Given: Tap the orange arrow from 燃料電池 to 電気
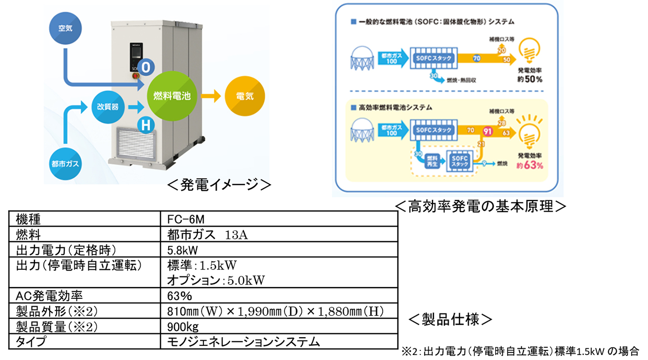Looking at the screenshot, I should [x=209, y=95].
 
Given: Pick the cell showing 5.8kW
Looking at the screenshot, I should [x=182, y=250].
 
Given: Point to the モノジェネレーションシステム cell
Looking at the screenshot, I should [x=244, y=341].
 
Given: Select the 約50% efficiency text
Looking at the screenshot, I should [x=530, y=80].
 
